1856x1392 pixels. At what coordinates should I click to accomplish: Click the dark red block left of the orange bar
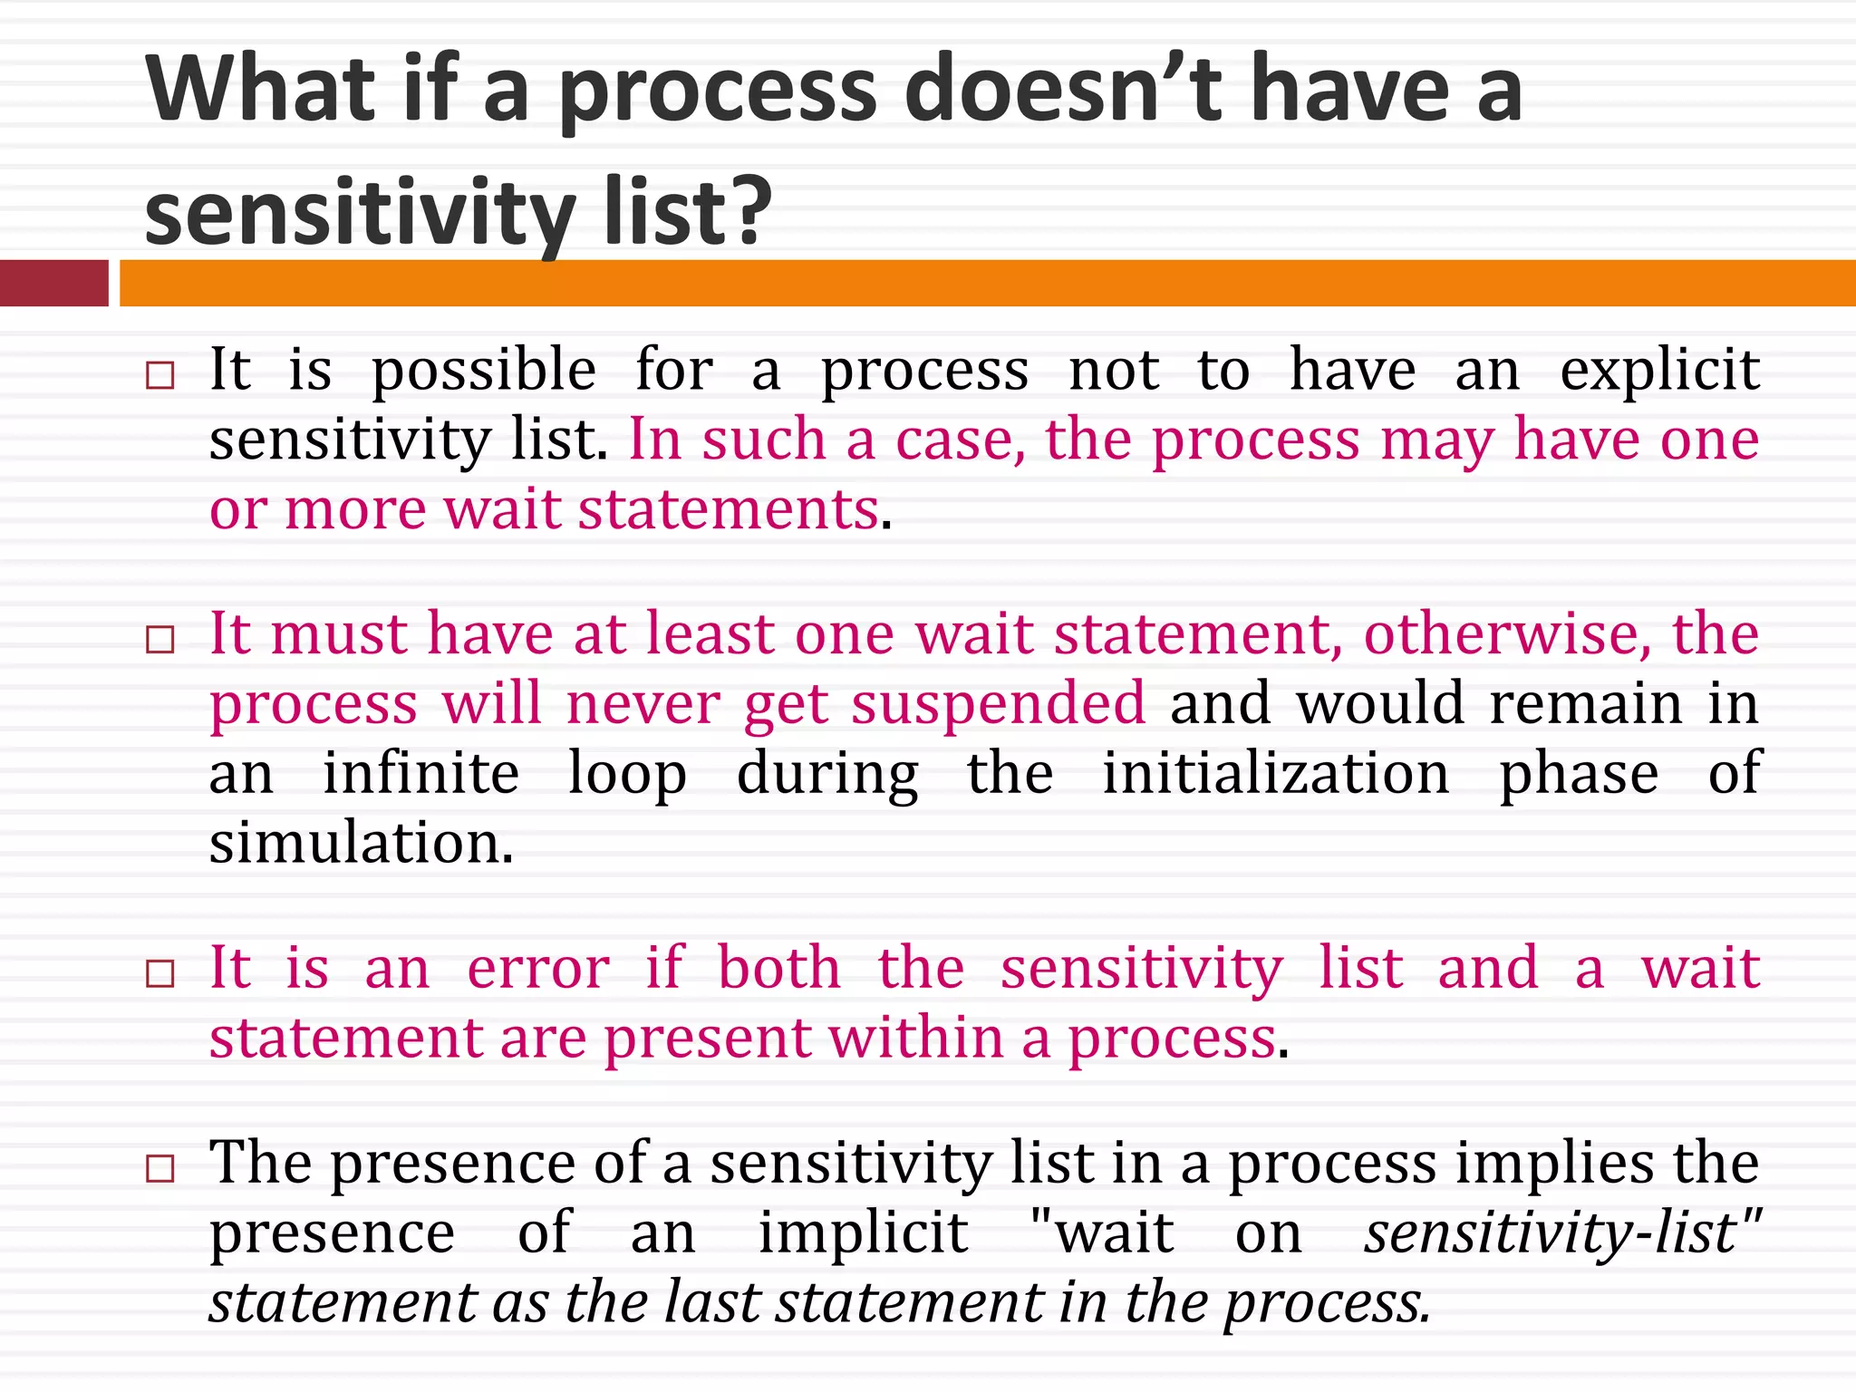[x=53, y=283]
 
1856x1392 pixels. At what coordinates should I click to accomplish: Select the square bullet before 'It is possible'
[x=159, y=375]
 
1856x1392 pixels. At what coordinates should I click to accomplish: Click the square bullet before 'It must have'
[x=159, y=639]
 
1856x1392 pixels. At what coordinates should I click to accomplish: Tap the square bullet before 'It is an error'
[x=159, y=973]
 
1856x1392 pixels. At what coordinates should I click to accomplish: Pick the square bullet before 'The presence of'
[x=159, y=1168]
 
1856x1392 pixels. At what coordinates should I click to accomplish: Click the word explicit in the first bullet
[x=1659, y=371]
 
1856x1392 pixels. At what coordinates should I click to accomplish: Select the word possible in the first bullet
[x=484, y=371]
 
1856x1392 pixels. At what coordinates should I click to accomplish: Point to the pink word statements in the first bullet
[x=729, y=509]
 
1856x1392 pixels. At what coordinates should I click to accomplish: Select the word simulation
[x=360, y=843]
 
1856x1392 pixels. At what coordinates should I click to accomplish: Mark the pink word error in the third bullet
[x=538, y=968]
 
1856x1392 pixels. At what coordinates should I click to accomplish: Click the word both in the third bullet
[x=779, y=968]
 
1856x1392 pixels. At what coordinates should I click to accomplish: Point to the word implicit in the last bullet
[x=863, y=1232]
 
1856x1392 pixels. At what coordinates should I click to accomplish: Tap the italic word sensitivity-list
[x=1551, y=1232]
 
